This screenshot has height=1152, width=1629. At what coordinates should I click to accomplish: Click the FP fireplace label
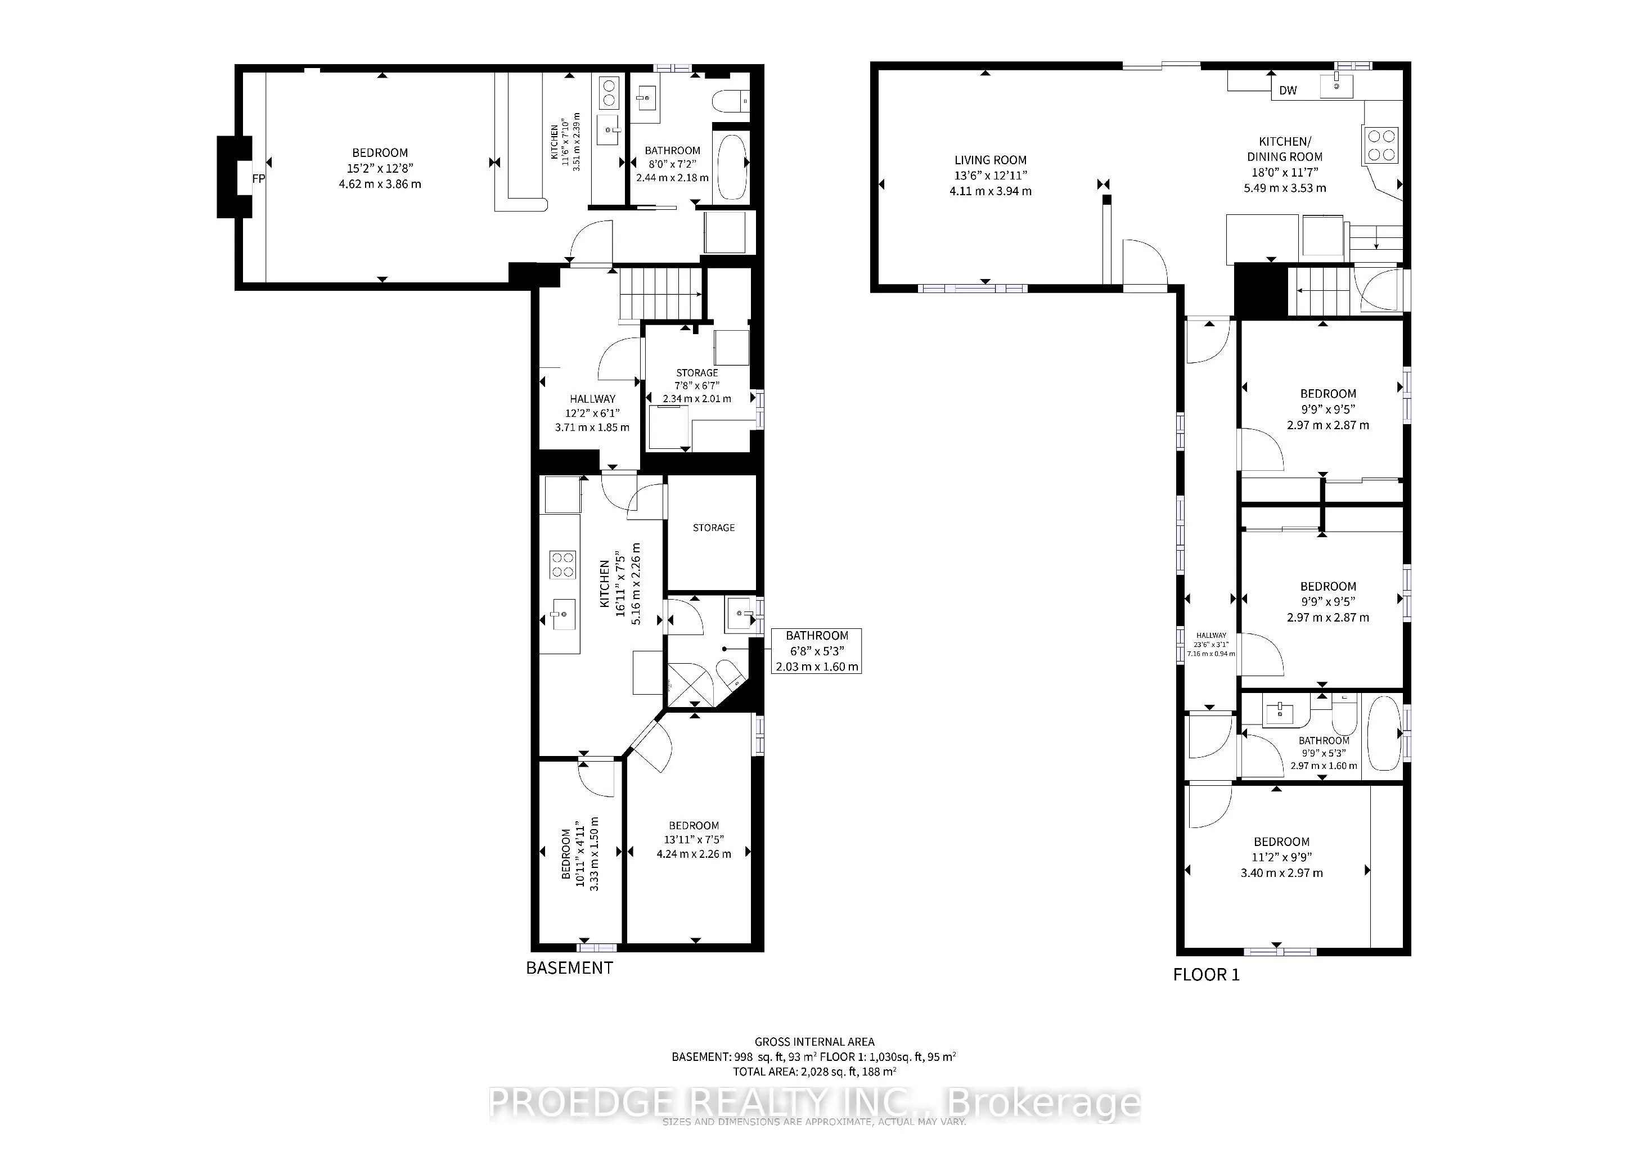coord(258,179)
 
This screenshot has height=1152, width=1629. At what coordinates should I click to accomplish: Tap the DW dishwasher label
coord(1288,90)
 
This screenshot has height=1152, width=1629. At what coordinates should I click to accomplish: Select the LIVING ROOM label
coord(991,160)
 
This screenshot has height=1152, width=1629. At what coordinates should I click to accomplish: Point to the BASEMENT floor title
coord(569,967)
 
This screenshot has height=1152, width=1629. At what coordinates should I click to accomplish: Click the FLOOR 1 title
coord(1206,975)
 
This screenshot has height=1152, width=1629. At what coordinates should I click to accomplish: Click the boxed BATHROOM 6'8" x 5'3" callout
coord(817,650)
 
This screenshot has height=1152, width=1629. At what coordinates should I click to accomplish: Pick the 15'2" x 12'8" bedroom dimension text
coord(380,168)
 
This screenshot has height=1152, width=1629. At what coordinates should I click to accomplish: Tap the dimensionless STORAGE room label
coord(714,528)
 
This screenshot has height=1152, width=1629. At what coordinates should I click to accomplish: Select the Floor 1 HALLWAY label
coord(1211,636)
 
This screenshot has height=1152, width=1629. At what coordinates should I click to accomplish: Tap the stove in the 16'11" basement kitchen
coord(562,565)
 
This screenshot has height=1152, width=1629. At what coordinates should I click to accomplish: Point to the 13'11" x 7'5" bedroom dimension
coord(694,839)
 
